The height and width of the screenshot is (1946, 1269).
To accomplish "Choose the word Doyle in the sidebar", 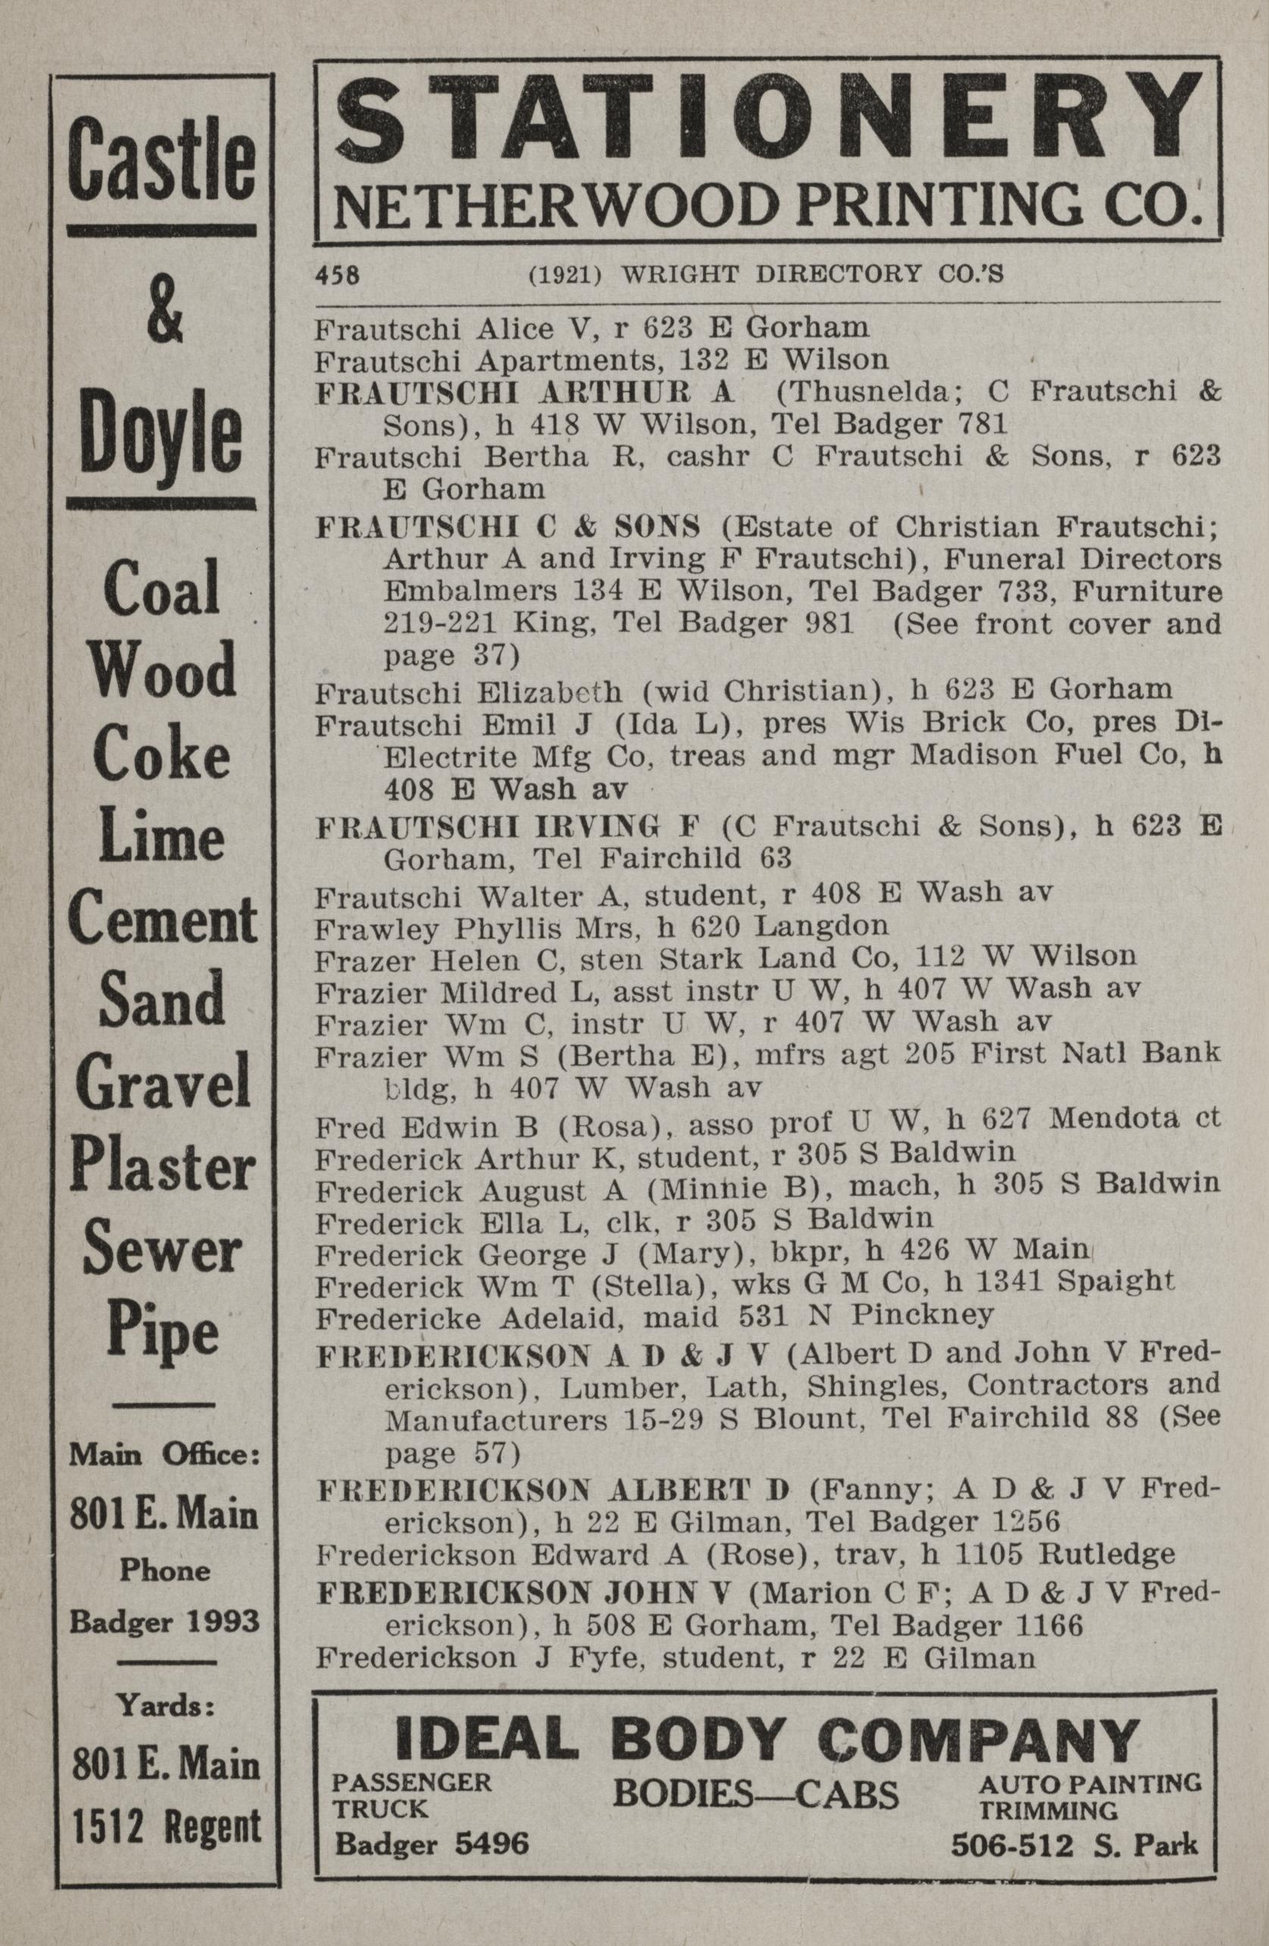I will pos(162,438).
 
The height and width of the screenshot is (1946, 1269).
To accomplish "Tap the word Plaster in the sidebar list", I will pos(164,1168).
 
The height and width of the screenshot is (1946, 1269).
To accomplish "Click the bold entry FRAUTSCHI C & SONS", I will pos(508,528).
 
